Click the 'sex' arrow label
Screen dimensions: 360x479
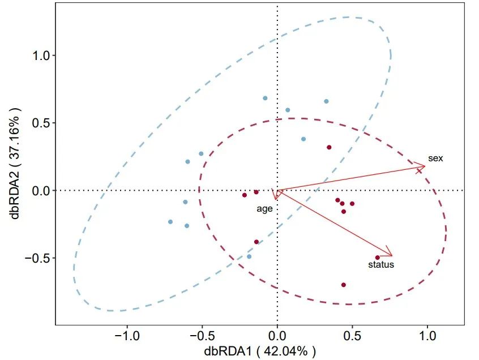(x=435, y=158)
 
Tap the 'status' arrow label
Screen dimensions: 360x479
(x=381, y=264)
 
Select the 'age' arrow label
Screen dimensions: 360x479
(x=265, y=209)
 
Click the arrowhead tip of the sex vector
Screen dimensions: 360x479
(x=425, y=166)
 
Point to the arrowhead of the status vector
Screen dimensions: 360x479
(x=392, y=255)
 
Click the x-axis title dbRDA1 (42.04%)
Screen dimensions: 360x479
(x=260, y=351)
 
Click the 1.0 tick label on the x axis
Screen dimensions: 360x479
(x=427, y=336)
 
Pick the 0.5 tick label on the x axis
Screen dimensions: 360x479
(x=352, y=336)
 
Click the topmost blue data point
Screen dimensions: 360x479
(x=265, y=98)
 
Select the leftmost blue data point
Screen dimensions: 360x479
(x=170, y=222)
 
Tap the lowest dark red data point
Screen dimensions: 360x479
(x=344, y=285)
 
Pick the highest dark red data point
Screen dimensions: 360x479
(x=329, y=147)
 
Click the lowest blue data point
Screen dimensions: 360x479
(x=249, y=256)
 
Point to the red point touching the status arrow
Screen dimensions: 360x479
(x=378, y=258)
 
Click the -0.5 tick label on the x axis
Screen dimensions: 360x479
(x=201, y=336)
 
